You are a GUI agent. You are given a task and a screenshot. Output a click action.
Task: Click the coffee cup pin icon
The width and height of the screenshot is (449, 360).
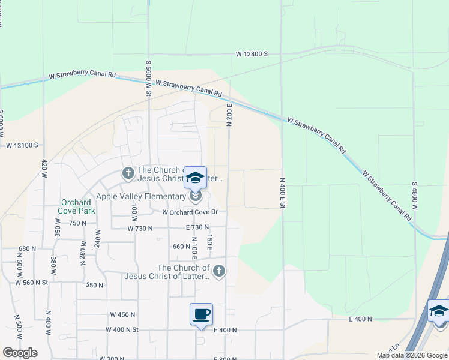tap(201, 314)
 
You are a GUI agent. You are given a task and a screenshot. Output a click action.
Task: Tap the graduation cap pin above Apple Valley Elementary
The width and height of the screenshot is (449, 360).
tap(195, 177)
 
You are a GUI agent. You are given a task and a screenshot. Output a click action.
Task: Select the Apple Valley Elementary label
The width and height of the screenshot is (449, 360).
tap(140, 196)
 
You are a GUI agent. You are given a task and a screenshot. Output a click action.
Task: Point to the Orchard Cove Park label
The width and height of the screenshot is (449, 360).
tap(77, 206)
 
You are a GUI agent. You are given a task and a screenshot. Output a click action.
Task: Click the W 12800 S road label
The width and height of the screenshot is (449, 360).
tap(252, 54)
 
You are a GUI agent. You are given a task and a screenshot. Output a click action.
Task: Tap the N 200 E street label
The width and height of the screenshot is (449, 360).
tap(229, 114)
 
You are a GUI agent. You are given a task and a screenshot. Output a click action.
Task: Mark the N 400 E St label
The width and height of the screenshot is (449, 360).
tap(282, 192)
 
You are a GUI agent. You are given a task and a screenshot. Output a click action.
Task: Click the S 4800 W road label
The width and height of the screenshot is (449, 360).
tap(414, 196)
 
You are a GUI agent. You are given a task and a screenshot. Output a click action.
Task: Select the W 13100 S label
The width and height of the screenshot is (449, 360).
tap(22, 145)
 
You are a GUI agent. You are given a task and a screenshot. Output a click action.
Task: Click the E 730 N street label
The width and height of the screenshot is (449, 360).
tap(197, 227)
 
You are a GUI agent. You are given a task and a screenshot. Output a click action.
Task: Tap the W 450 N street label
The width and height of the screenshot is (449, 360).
tap(123, 314)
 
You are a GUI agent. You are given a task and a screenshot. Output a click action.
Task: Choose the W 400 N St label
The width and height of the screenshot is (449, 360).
tap(122, 329)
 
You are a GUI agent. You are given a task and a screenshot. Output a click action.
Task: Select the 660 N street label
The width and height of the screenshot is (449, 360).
tap(181, 246)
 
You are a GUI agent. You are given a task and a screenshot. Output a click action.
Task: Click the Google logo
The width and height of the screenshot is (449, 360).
tap(20, 353)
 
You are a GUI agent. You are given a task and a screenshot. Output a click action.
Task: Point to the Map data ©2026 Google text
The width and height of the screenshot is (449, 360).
tap(412, 355)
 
